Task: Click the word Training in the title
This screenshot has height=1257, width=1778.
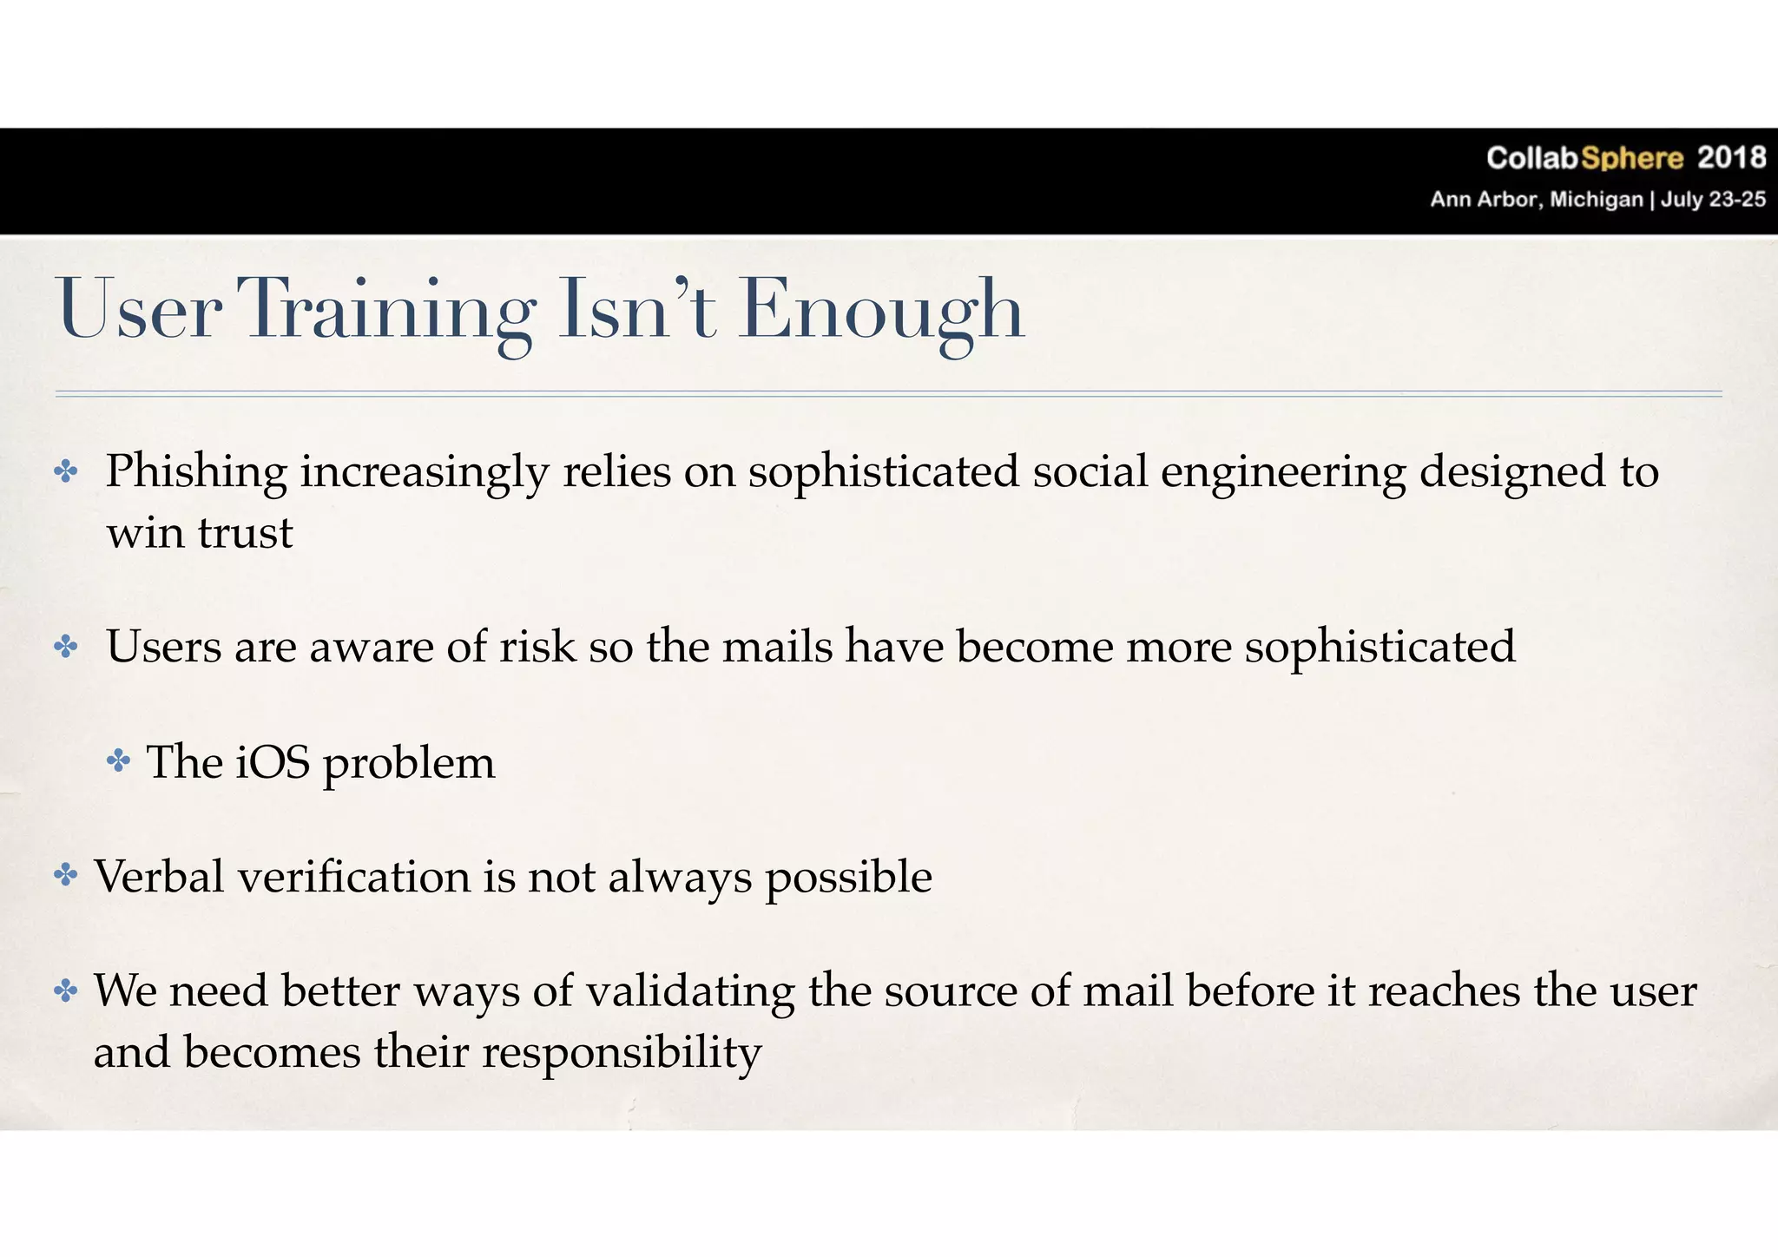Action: pyautogui.click(x=386, y=310)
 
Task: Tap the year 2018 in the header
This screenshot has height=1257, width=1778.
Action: pyautogui.click(x=1731, y=158)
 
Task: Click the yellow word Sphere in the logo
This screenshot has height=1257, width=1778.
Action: pyautogui.click(x=1632, y=158)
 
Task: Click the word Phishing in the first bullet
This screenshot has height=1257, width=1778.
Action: pyautogui.click(x=196, y=473)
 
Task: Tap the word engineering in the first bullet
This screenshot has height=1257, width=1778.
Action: pyautogui.click(x=1282, y=473)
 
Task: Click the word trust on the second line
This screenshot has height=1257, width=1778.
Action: pyautogui.click(x=246, y=533)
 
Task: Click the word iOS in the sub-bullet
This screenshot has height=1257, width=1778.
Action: pyautogui.click(x=273, y=762)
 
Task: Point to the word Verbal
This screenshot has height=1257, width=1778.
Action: pyautogui.click(x=160, y=876)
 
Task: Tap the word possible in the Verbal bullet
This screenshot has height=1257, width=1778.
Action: pyautogui.click(x=848, y=878)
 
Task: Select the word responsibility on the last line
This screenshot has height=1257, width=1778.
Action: pyautogui.click(x=622, y=1053)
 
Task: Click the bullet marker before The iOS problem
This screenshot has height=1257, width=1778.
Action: pyautogui.click(x=119, y=762)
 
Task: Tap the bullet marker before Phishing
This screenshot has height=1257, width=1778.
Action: pyautogui.click(x=66, y=472)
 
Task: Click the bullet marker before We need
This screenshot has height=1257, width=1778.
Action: pyautogui.click(x=66, y=990)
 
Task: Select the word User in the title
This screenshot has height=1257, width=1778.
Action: pyautogui.click(x=139, y=310)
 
